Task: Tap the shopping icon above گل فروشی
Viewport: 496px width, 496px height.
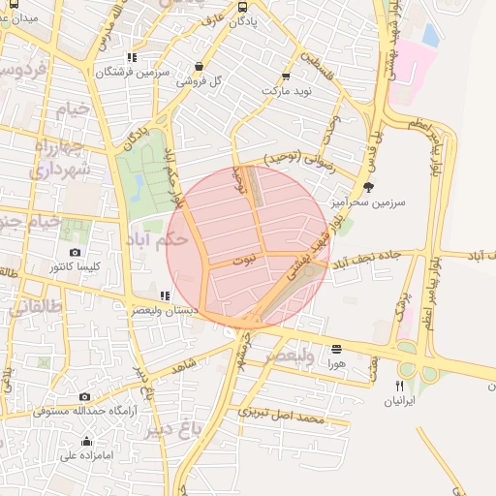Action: click(200, 67)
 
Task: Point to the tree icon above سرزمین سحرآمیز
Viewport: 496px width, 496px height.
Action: click(367, 187)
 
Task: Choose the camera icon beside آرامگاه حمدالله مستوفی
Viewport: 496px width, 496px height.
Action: click(84, 396)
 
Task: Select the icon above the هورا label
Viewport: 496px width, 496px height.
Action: click(336, 349)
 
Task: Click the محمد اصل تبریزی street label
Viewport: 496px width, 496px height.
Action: click(281, 417)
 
